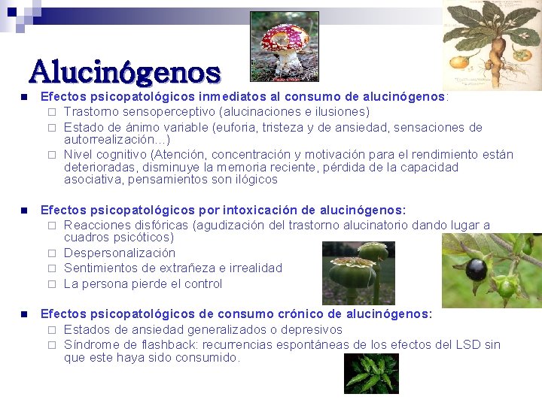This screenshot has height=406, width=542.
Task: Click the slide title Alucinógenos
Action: click(125, 72)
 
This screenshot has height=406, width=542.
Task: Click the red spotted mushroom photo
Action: click(284, 46)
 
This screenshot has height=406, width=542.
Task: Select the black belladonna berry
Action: click(476, 268)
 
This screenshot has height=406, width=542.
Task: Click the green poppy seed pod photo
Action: click(358, 272)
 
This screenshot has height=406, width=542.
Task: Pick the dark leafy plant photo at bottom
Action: click(371, 374)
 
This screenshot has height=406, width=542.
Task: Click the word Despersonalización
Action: click(120, 253)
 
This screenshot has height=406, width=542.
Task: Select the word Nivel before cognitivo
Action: click(79, 155)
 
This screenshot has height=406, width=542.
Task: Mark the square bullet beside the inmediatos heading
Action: click(24, 97)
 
